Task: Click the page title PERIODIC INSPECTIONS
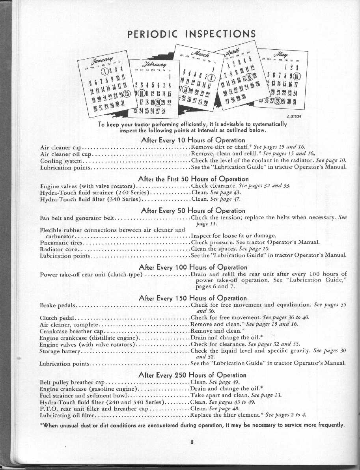tap(192, 34)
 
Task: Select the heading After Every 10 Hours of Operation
tap(193, 140)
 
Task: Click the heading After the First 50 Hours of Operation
tap(193, 179)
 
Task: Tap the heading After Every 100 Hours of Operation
tap(193, 267)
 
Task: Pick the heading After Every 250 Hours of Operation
tap(193, 375)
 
